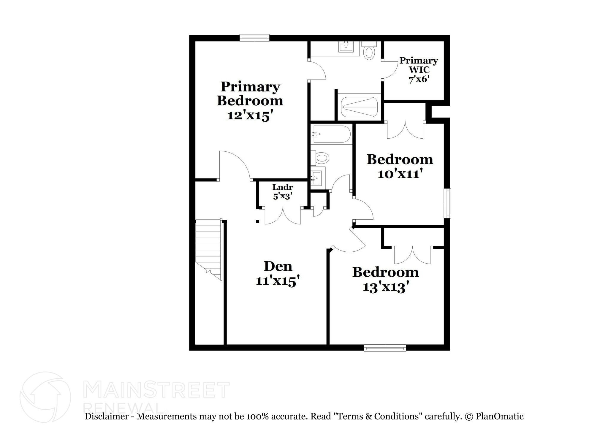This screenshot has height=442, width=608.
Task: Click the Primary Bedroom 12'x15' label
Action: [x=250, y=101]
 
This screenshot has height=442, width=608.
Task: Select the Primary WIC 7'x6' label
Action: [x=419, y=70]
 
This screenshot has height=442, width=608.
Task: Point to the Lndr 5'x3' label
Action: [x=283, y=191]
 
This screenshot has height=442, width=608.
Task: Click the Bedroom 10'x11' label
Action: [x=400, y=167]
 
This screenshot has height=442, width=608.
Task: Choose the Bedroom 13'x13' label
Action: [x=385, y=279]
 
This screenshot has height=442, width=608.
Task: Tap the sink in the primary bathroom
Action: [x=346, y=47]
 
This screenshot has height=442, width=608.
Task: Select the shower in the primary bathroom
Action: [x=359, y=107]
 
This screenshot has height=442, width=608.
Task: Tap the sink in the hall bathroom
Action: [x=316, y=178]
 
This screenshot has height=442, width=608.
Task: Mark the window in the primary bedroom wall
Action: [x=254, y=37]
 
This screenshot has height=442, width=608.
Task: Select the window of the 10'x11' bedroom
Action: [x=447, y=203]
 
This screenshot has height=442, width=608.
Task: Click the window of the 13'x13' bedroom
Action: [x=385, y=348]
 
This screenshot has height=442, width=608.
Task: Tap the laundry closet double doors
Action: [x=283, y=215]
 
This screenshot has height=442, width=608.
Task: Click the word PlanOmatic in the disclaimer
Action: [x=499, y=416]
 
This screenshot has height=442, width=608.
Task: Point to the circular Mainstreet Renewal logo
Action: [x=45, y=397]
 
